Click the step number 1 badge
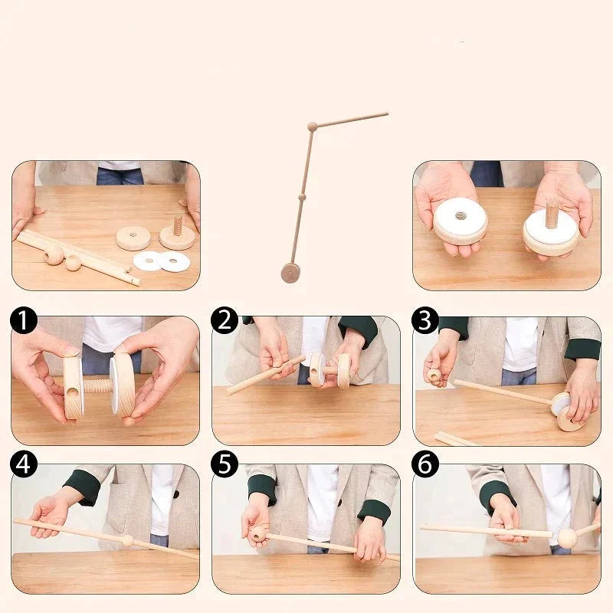[x=24, y=320]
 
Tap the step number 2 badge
[x=225, y=320]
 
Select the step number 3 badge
[x=425, y=320]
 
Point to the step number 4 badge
[x=24, y=464]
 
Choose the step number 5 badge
[x=225, y=464]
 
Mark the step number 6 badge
[x=425, y=464]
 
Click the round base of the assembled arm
[x=290, y=273]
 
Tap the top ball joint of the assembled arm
[x=312, y=126]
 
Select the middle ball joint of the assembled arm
[x=302, y=197]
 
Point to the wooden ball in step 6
[x=567, y=539]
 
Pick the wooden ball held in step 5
[x=258, y=534]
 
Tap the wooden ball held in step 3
[x=434, y=375]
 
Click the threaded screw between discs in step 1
[x=98, y=386]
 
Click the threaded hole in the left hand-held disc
[x=461, y=215]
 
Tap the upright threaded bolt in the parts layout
[x=178, y=225]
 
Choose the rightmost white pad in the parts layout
[x=173, y=261]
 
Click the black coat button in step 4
[x=176, y=494]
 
